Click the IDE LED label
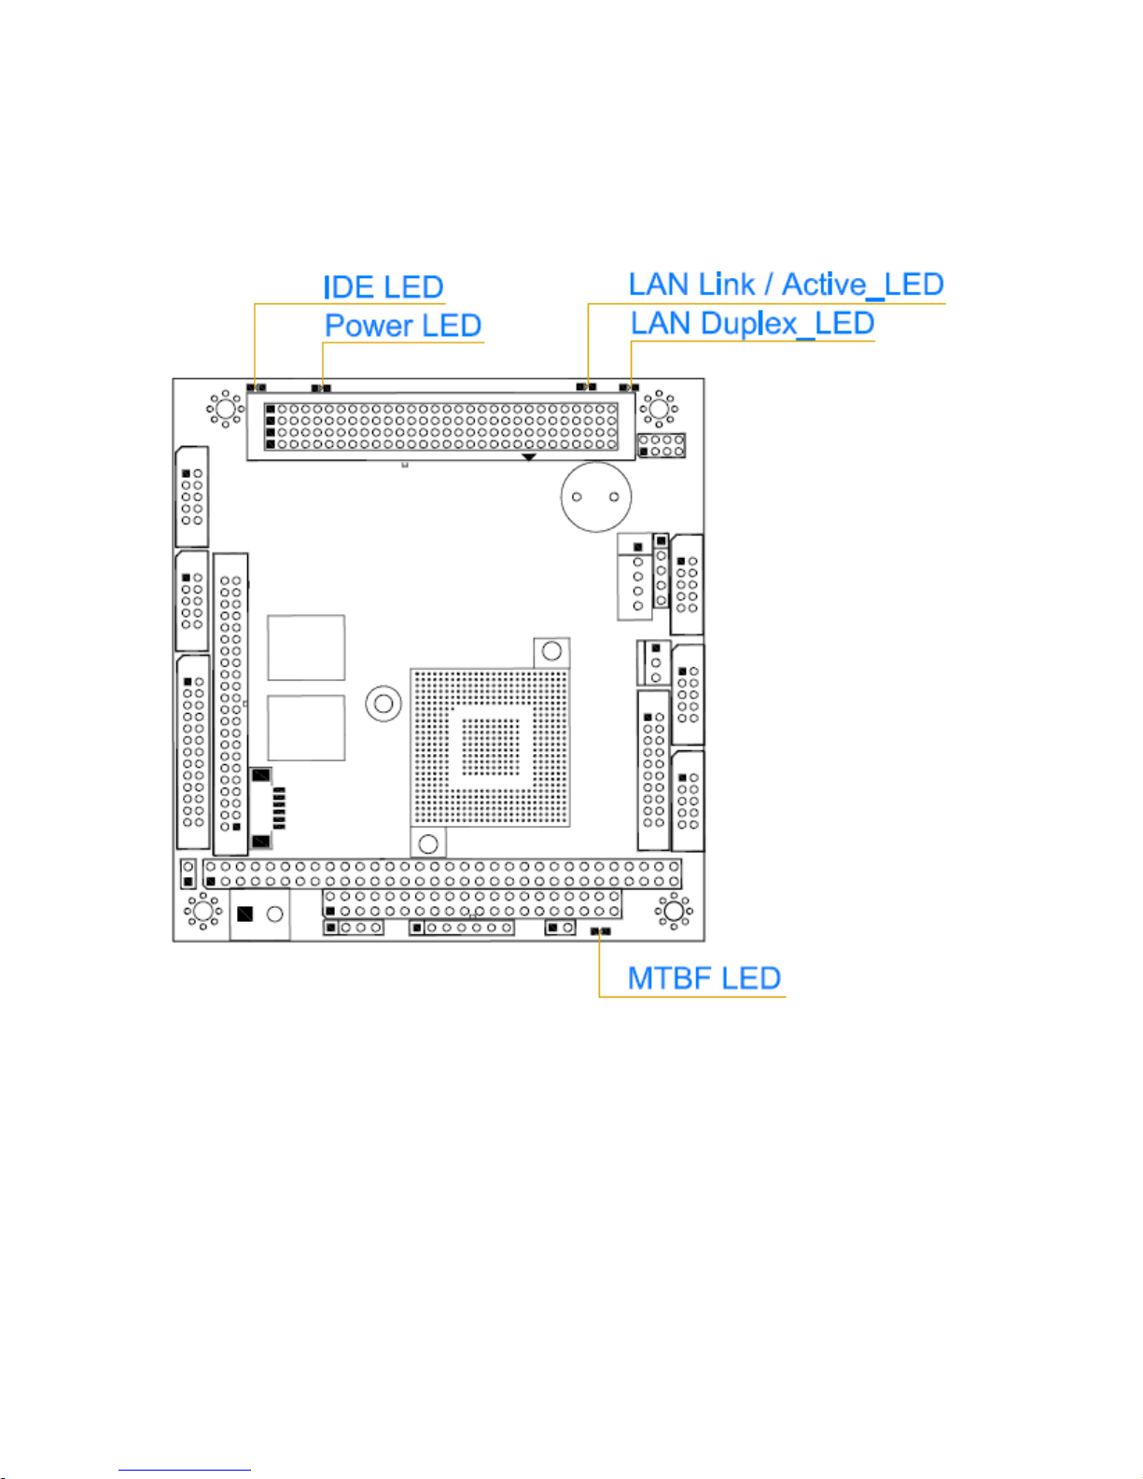(x=383, y=287)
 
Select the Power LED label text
(x=402, y=326)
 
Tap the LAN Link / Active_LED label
(x=786, y=285)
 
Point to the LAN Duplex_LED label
(x=752, y=324)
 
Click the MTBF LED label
(x=704, y=978)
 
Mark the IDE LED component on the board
(x=256, y=386)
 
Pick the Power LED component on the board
(x=321, y=387)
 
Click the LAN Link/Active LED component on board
(x=586, y=386)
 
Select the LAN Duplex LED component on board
(x=630, y=386)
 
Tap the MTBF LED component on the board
(x=600, y=931)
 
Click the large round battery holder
(x=595, y=497)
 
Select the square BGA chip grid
(x=490, y=746)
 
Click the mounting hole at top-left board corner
(x=224, y=409)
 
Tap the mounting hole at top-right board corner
(x=660, y=409)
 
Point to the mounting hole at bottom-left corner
(x=202, y=911)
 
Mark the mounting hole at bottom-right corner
(x=673, y=911)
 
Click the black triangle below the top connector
(x=528, y=456)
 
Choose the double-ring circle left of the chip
(x=383, y=704)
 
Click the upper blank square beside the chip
(x=306, y=648)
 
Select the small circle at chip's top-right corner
(x=551, y=651)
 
